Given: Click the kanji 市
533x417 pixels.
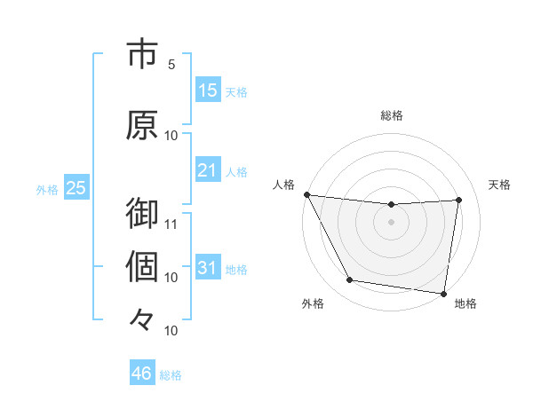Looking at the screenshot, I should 142,55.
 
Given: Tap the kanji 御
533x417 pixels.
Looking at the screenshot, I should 142,214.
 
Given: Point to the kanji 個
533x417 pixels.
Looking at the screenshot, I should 142,265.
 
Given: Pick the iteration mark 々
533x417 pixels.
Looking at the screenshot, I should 142,317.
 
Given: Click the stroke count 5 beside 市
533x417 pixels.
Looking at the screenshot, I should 171,65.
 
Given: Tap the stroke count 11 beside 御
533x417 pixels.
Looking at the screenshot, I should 171,223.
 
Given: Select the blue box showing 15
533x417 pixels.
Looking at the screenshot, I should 207,90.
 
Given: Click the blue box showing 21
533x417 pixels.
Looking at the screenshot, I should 207,169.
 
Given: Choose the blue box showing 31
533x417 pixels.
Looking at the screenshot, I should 207,268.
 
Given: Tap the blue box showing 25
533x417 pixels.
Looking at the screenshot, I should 76,188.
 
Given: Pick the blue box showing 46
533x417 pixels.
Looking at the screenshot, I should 141,374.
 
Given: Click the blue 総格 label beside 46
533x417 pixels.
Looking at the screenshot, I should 171,375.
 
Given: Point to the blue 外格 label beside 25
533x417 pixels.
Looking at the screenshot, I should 47,189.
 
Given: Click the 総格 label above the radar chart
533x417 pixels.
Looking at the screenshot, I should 392,115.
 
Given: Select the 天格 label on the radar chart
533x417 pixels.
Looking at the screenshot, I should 500,185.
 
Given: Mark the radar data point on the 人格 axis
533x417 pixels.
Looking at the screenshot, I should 307,194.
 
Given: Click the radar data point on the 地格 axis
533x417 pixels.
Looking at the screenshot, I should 443,293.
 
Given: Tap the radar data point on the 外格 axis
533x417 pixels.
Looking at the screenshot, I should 349,281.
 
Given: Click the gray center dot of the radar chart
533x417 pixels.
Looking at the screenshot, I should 392,222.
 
